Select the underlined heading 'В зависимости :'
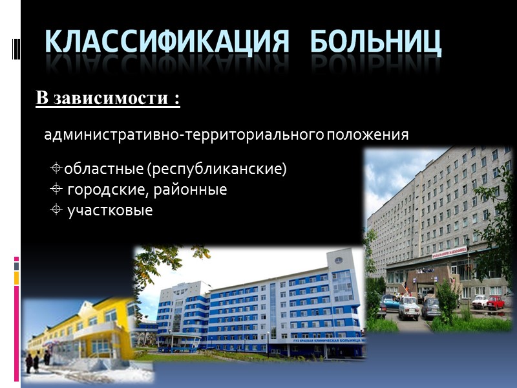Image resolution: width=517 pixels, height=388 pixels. click(107, 99)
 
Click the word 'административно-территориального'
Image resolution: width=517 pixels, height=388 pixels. click(184, 135)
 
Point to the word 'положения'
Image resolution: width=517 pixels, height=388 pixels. click(368, 135)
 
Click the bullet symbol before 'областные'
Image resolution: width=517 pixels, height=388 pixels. click(56, 169)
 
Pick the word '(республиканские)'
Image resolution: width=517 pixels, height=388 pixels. click(216, 169)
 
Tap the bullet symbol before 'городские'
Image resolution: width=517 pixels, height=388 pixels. click(56, 190)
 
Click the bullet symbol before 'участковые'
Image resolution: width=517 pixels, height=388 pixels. click(56, 210)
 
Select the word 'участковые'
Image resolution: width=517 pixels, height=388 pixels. click(110, 211)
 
